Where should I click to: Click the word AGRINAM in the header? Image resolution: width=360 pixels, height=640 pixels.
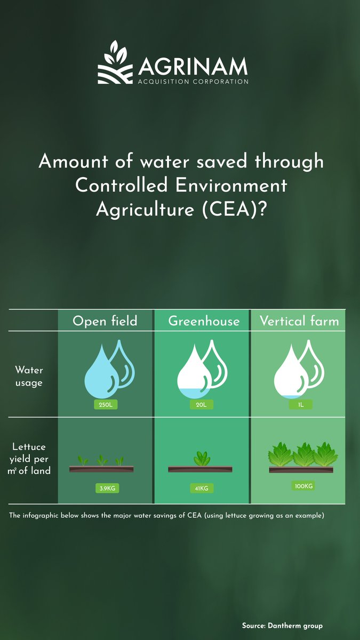(x=193, y=67)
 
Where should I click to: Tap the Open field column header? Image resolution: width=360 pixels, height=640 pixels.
(x=105, y=321)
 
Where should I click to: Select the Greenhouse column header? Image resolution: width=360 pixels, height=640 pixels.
(x=204, y=321)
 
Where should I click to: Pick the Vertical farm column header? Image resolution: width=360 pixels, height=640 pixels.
(x=299, y=321)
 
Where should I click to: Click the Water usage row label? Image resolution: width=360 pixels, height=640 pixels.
(x=29, y=376)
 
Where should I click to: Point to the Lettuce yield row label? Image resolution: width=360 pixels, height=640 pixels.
(x=29, y=459)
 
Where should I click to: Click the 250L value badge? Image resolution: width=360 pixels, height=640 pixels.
(x=105, y=405)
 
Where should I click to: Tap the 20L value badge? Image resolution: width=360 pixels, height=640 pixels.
(x=202, y=405)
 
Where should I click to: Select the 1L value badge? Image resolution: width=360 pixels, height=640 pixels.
(x=300, y=405)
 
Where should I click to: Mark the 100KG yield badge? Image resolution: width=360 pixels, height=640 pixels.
(x=303, y=486)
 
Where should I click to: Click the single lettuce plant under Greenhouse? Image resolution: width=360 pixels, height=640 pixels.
(x=202, y=458)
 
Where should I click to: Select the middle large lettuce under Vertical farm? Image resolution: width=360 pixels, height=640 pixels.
(x=303, y=454)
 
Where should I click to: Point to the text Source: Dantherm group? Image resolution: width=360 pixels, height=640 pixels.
(x=282, y=626)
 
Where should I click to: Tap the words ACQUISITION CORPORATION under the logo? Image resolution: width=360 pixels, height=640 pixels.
(x=193, y=82)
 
